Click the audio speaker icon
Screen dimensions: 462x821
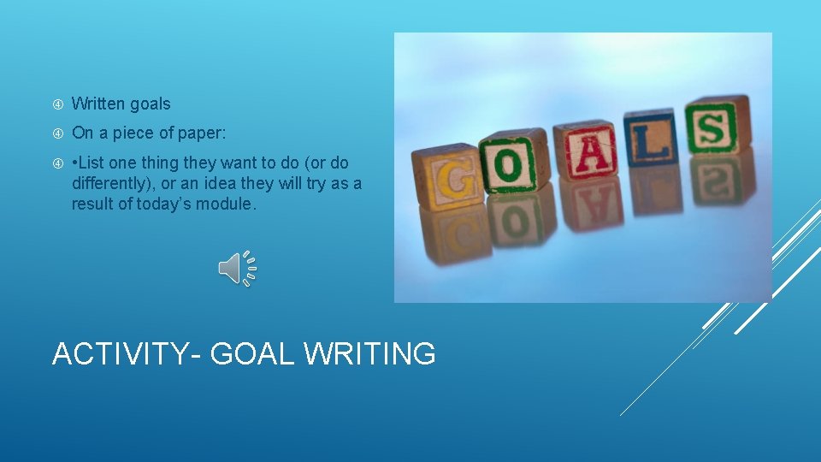237,269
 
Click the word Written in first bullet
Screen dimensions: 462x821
98,104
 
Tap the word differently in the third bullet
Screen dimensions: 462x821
112,183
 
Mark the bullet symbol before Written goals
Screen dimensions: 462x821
57,104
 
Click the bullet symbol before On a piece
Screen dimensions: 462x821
57,133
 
